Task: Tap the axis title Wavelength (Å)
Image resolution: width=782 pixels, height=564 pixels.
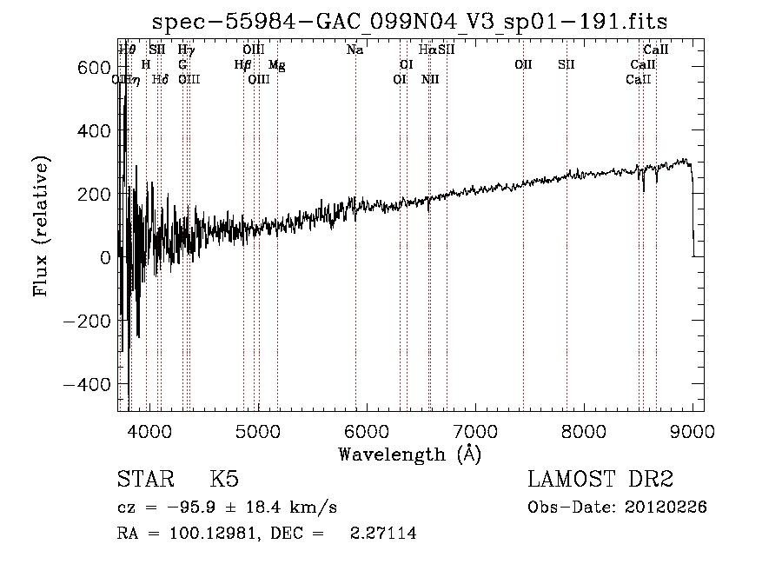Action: click(x=410, y=454)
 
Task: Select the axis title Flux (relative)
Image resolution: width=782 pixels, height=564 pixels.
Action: click(x=42, y=226)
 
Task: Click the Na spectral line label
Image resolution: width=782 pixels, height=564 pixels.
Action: click(x=355, y=50)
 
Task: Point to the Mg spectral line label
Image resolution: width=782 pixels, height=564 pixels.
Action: click(x=276, y=65)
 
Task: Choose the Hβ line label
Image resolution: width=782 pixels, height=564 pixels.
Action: click(x=242, y=65)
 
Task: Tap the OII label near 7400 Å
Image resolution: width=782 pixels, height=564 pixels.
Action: click(x=523, y=65)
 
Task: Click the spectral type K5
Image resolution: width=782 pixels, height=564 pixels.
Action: click(x=224, y=480)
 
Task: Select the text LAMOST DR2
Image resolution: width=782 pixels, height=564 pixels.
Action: click(x=600, y=480)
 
